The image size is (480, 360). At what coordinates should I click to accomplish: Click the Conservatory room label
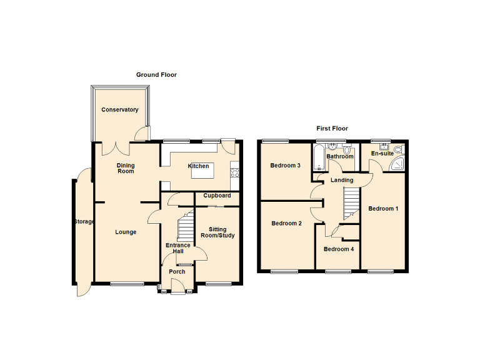[x=120, y=110]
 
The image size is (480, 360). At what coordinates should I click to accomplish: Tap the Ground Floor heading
[x=156, y=74]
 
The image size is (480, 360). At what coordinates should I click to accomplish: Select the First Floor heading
[x=331, y=128]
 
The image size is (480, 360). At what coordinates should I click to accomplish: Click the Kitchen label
[x=199, y=166]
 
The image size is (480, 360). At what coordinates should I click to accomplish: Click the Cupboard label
[x=217, y=196]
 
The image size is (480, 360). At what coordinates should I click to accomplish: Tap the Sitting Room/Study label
[x=217, y=232]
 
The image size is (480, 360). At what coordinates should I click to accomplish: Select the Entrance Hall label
[x=177, y=248]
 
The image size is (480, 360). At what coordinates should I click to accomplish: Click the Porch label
[x=177, y=272]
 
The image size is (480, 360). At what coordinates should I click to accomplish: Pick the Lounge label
[x=126, y=232]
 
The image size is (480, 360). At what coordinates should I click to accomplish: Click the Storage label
[x=83, y=222]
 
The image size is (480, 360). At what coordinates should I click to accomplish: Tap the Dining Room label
[x=126, y=168]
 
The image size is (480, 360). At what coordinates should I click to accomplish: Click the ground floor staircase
[x=185, y=228]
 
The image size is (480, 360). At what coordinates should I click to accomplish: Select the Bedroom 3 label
[x=286, y=166]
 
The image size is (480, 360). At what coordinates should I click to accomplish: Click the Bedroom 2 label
[x=286, y=223]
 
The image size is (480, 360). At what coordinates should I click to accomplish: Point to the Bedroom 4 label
[x=338, y=249]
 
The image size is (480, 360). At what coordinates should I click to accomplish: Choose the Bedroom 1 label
[x=382, y=208]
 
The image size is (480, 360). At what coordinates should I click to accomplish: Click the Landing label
[x=342, y=180]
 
